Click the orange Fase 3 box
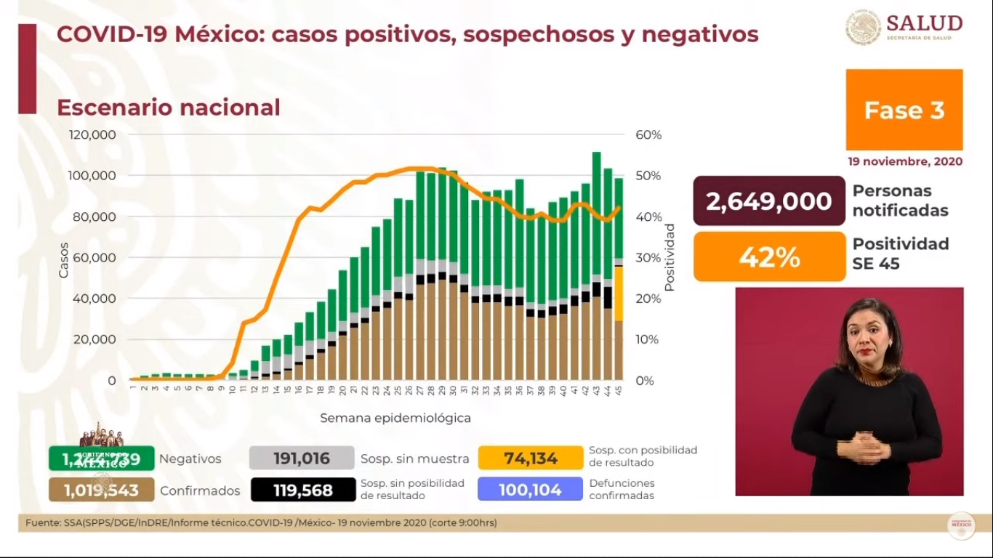coord(904,110)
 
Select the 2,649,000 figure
coord(769,201)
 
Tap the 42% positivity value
coord(769,257)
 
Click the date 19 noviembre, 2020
coord(904,161)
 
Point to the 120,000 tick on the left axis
coord(92,135)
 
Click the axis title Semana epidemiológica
coord(395,418)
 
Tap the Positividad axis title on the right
coord(670,257)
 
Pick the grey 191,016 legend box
coord(302,458)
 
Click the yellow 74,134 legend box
coord(530,458)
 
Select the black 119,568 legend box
coord(302,490)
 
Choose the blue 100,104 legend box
coord(530,490)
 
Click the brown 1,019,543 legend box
coord(101,490)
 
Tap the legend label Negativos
coord(190,458)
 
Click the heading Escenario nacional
coord(169,108)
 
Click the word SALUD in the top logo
coord(924,23)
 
